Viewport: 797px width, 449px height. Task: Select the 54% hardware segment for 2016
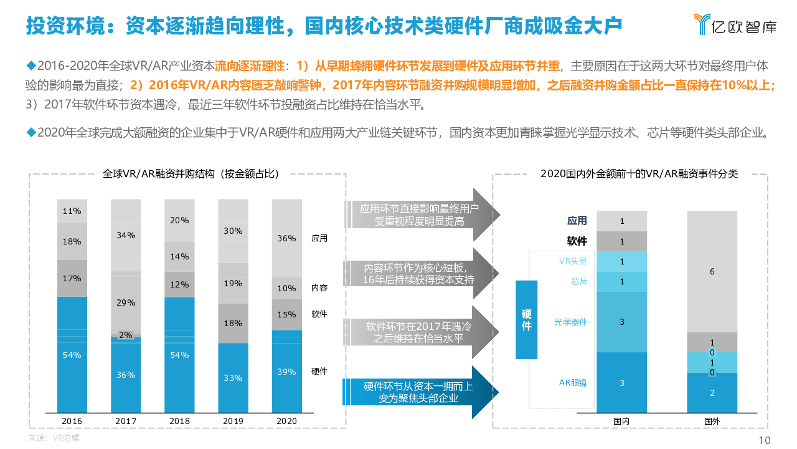72,354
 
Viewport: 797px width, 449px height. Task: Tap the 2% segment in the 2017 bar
126,335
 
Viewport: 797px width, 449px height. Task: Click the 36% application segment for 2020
286,238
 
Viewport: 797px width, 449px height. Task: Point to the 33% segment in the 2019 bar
233,377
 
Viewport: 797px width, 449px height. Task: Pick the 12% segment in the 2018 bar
179,284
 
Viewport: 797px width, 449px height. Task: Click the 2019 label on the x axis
233,421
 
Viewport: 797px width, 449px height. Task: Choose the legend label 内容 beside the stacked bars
319,288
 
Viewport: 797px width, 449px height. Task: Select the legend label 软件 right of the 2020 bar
319,314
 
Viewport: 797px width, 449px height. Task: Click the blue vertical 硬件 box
526,320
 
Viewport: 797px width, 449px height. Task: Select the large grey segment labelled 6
712,271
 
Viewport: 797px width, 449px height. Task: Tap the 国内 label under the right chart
621,421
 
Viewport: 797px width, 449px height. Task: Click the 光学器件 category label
570,322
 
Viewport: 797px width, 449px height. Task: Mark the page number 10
765,440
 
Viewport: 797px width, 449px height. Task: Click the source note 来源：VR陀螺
54,438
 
